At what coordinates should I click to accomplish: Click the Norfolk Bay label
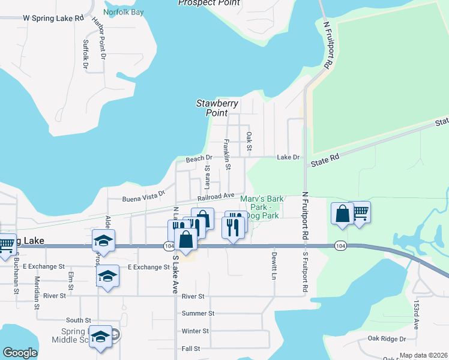[124, 11]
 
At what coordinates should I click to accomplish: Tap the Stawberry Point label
[217, 108]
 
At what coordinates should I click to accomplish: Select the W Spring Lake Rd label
[53, 19]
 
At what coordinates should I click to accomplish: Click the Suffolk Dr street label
[86, 54]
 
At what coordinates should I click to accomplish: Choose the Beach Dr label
[199, 159]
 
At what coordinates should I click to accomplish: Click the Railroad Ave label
[216, 196]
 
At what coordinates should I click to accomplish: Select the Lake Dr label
[288, 157]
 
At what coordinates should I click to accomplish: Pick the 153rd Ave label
[417, 316]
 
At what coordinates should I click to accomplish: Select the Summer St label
[197, 314]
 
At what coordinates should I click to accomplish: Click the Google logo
[20, 353]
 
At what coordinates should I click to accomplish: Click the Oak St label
[249, 142]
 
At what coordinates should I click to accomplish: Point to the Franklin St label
[227, 154]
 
